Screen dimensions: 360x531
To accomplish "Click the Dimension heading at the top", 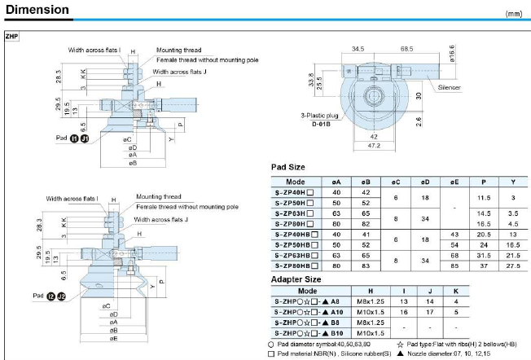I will [39, 11].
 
